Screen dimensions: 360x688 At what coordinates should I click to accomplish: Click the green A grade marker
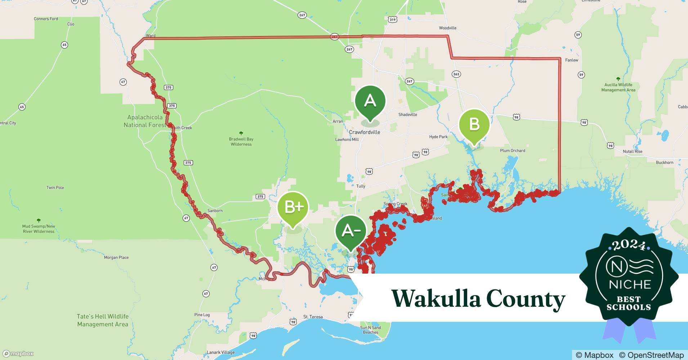(x=370, y=100)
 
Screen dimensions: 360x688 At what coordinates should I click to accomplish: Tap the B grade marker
(x=474, y=125)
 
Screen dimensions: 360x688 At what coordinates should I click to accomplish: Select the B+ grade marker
(x=293, y=207)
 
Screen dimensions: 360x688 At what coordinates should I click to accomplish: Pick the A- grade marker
(x=350, y=231)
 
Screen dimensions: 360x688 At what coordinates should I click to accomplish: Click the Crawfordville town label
(x=364, y=132)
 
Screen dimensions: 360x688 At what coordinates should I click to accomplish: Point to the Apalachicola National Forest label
(x=145, y=121)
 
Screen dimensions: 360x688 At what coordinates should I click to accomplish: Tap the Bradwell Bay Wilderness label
(x=241, y=141)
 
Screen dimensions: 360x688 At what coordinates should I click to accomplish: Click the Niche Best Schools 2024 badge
(x=629, y=277)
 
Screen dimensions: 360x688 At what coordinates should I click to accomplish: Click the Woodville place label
(x=447, y=28)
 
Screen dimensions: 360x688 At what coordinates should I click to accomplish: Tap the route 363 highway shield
(x=456, y=74)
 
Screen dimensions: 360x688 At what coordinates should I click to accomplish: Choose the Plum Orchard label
(x=512, y=150)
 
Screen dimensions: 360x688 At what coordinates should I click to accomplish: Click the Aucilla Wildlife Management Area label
(x=618, y=87)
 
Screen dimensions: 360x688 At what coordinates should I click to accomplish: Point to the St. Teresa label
(x=313, y=317)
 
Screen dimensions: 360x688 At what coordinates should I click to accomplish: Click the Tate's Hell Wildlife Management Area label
(x=103, y=320)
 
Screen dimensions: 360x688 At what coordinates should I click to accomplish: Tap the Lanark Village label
(x=220, y=352)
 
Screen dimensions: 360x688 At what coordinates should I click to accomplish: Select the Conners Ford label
(x=46, y=19)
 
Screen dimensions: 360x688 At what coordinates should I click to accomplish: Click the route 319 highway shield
(x=392, y=19)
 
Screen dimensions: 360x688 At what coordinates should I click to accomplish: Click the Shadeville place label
(x=407, y=114)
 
